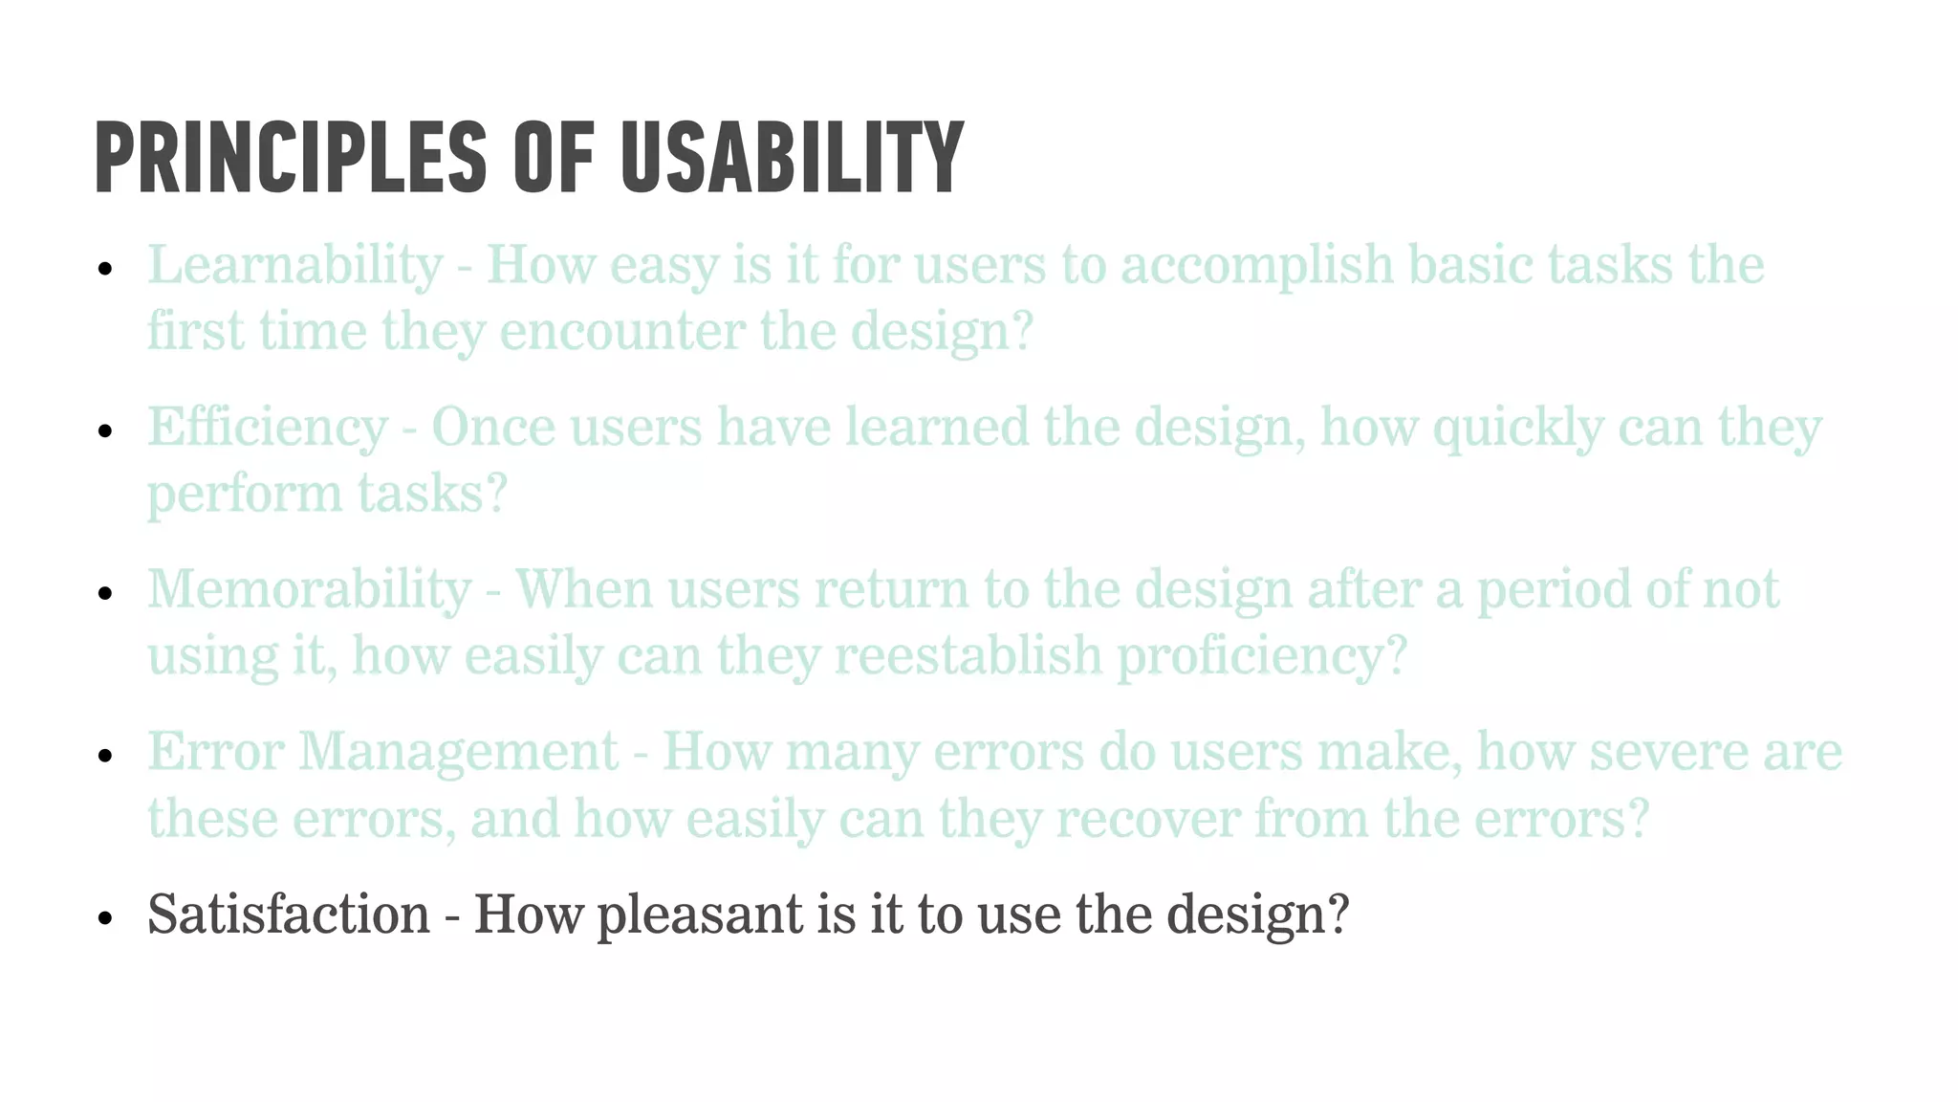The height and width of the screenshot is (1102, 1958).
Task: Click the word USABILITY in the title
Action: point(792,158)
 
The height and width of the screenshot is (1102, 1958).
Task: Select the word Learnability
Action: point(294,265)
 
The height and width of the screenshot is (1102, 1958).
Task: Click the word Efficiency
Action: point(267,428)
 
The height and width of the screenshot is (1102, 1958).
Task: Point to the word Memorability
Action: point(309,589)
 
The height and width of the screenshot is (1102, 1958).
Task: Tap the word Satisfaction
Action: point(289,915)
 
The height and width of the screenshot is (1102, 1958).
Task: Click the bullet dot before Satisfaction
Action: point(105,919)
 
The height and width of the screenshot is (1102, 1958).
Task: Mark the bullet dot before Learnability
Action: point(105,270)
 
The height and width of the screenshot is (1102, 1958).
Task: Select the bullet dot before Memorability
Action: point(105,594)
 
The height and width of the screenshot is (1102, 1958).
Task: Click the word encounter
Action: point(621,332)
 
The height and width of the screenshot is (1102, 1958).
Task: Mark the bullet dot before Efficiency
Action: point(105,431)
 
